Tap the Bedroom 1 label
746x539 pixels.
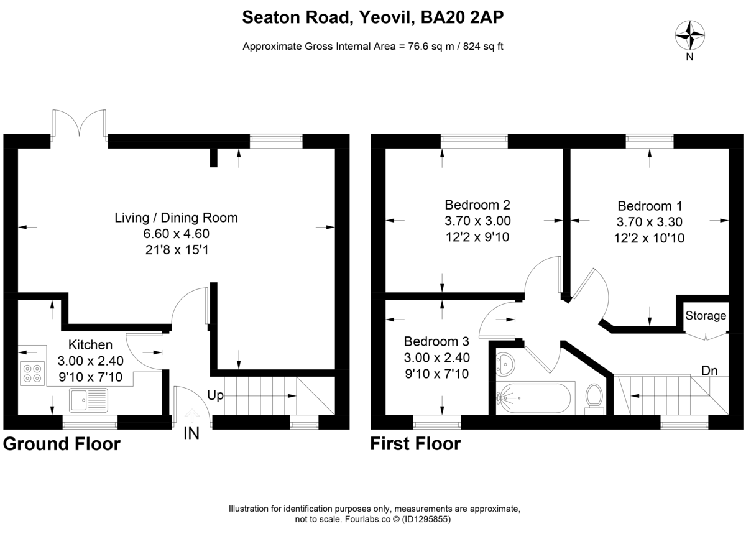[x=650, y=206]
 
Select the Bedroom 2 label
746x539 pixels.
[x=477, y=205]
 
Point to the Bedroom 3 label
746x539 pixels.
[x=436, y=341]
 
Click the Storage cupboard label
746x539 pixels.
[x=706, y=316]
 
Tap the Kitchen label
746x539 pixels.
[x=90, y=344]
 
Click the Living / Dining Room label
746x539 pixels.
[x=176, y=218]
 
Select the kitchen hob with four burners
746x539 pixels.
[x=32, y=372]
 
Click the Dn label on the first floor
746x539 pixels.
[x=710, y=371]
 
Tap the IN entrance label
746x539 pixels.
[x=191, y=434]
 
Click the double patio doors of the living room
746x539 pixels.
[x=79, y=124]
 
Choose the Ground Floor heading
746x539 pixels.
[x=62, y=444]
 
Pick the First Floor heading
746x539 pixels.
[x=415, y=444]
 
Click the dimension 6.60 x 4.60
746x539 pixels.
[x=176, y=234]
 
